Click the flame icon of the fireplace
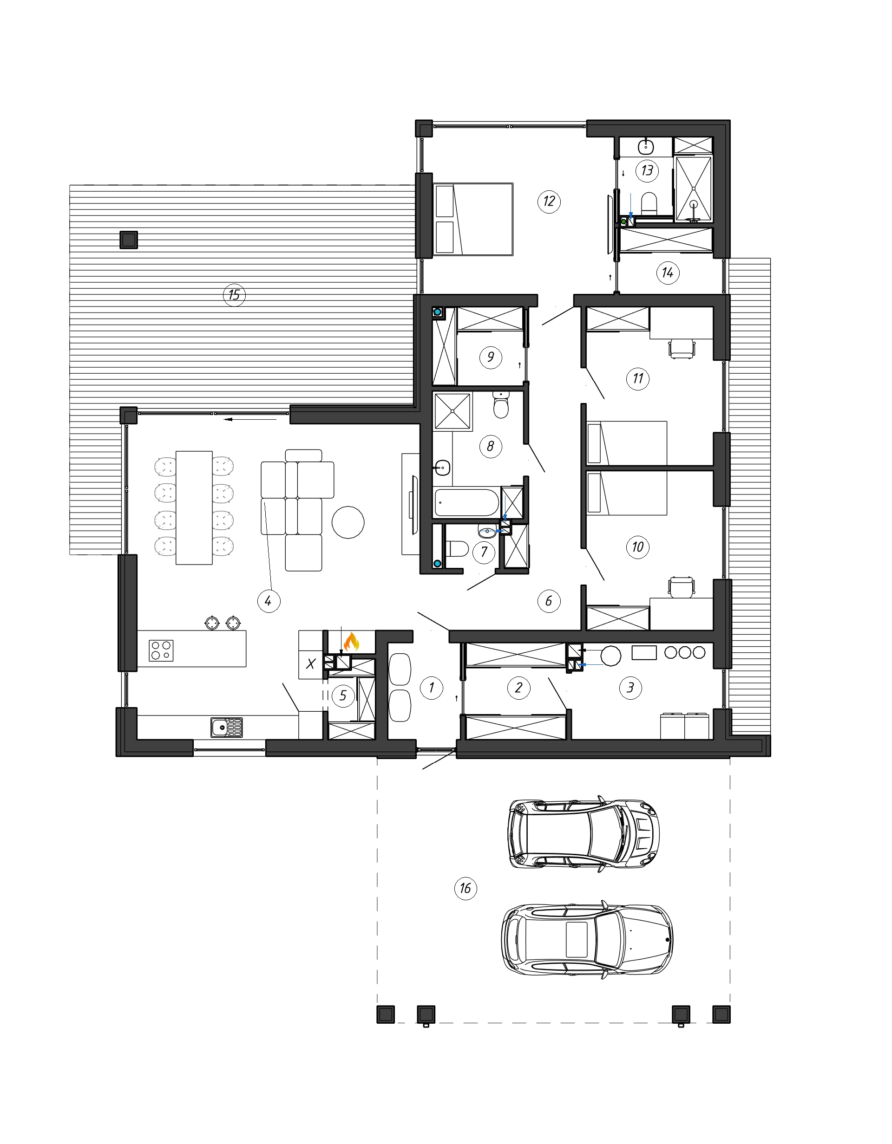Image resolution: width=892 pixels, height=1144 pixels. point(351,641)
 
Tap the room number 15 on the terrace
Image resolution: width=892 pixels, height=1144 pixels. point(234,295)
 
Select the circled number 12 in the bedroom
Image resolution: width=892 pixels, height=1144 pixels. point(549,201)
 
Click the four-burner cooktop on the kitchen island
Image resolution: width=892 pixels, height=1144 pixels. point(161,650)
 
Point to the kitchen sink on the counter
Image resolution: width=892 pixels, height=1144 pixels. point(226,728)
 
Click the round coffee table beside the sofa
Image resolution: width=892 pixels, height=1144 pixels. point(348,522)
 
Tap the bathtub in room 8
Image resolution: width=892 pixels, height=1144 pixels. point(467,503)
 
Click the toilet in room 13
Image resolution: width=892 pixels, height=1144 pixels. point(649,203)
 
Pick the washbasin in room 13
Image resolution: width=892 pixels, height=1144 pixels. point(646,146)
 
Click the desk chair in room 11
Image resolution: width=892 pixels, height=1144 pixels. point(682,349)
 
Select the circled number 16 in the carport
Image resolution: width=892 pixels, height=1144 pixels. point(466,888)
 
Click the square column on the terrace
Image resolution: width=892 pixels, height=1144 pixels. point(128,240)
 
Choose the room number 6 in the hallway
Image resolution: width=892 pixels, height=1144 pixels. point(549,601)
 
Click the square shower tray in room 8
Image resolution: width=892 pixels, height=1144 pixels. point(453,411)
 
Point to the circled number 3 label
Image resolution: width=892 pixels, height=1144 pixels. point(630,687)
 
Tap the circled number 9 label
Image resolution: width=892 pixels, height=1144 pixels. point(491,357)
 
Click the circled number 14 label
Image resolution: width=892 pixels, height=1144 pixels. point(668,273)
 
